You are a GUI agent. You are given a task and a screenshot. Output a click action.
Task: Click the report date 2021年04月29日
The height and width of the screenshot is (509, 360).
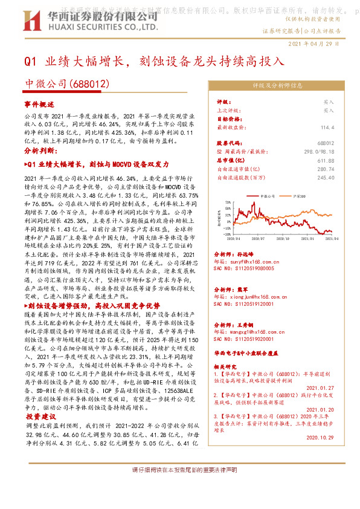coord(315,44)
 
